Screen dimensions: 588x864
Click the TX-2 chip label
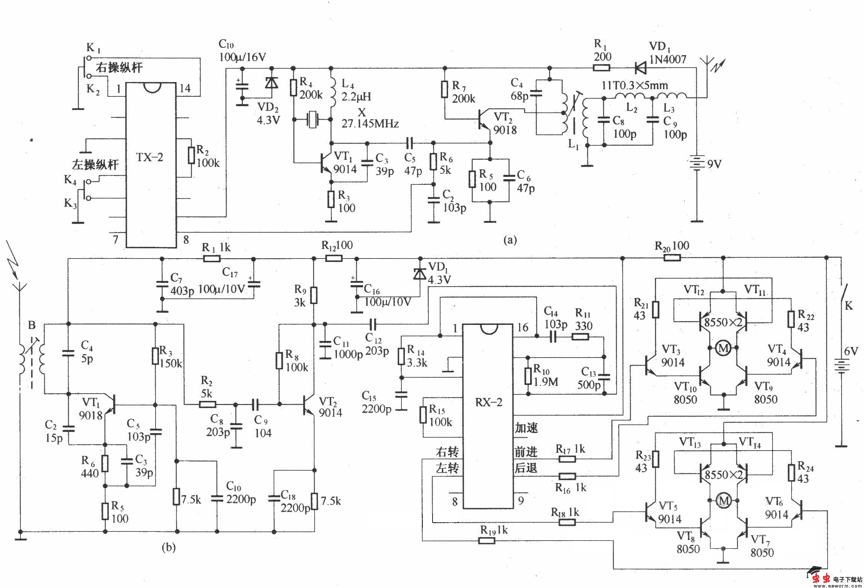(150, 157)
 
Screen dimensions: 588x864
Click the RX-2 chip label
(489, 402)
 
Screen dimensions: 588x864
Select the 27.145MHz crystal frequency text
(370, 124)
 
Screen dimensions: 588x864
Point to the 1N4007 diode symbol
(641, 68)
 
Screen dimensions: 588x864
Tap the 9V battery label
(714, 164)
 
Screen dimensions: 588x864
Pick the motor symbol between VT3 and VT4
(723, 348)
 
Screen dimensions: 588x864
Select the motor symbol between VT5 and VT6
(723, 501)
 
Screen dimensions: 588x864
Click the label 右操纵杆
(119, 68)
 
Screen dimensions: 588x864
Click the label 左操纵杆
(95, 165)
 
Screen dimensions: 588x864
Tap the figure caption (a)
(510, 240)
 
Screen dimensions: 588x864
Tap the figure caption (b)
(168, 547)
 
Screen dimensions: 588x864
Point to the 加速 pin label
(526, 428)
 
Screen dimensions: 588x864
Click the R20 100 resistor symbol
(672, 258)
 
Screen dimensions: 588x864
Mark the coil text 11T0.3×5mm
(635, 85)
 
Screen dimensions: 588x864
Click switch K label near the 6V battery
(849, 306)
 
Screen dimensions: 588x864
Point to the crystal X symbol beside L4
(312, 120)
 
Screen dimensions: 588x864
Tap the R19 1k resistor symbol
(486, 541)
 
